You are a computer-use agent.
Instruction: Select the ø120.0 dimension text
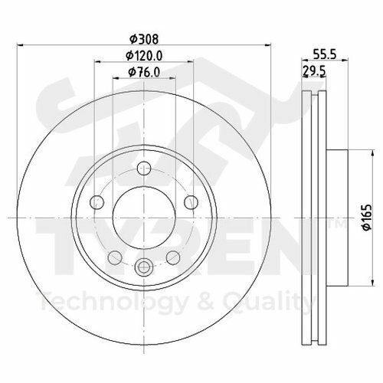click(x=143, y=54)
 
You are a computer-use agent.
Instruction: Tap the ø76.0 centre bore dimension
click(x=143, y=73)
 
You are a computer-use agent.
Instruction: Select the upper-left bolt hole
click(x=97, y=202)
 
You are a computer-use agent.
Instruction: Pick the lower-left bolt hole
click(x=114, y=256)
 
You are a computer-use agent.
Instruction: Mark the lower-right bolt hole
click(x=173, y=256)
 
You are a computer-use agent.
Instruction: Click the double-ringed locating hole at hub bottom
click(x=143, y=267)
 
